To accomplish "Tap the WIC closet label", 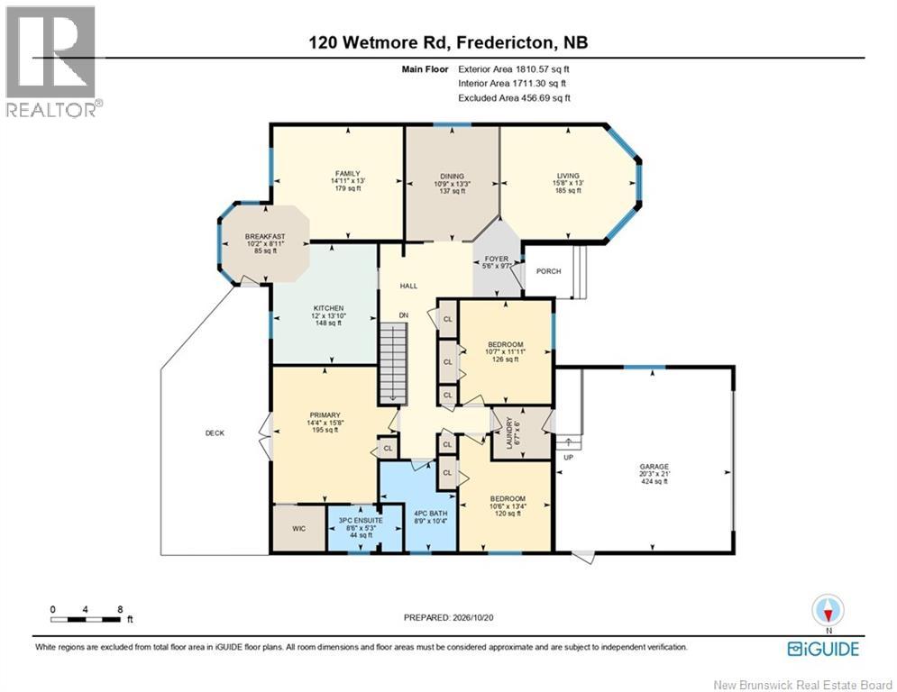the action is click(299, 529).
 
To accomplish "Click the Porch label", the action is click(549, 271).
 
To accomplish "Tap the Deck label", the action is click(215, 432).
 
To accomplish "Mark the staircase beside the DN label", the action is click(393, 362).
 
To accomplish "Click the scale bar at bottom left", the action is click(86, 619).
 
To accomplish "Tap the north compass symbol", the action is click(828, 610).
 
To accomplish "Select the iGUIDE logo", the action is click(823, 649).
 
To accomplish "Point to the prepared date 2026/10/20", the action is click(473, 617).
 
